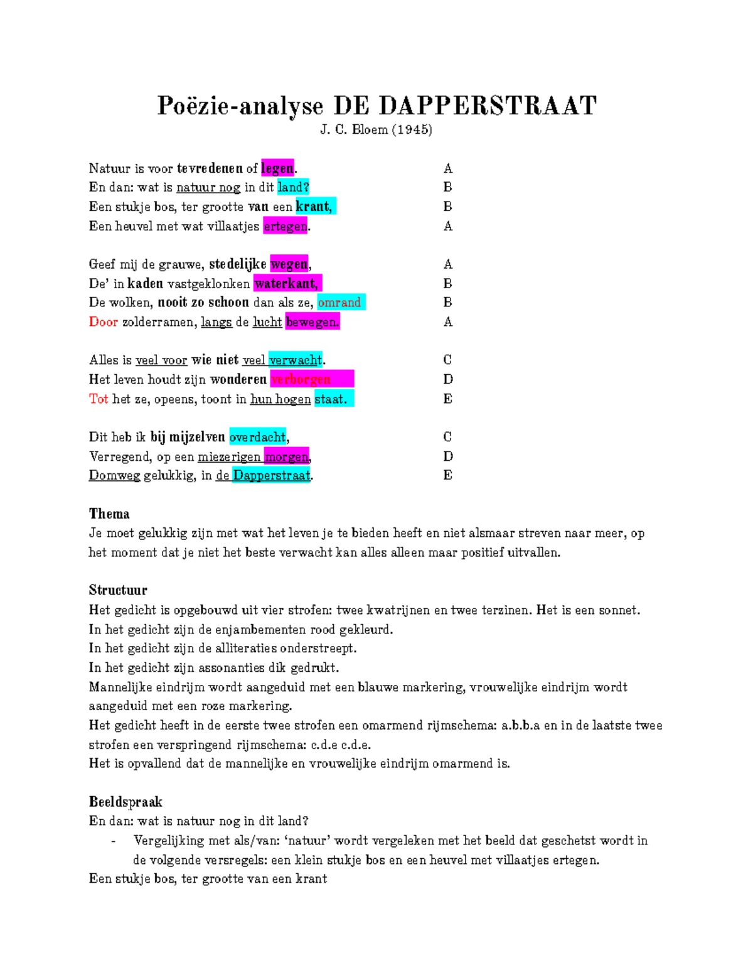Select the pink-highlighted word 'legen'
[277, 168]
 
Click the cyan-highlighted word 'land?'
[293, 187]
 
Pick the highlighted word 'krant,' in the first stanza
[315, 207]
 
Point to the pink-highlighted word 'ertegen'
[286, 226]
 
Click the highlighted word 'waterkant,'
[287, 283]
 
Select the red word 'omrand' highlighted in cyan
[339, 303]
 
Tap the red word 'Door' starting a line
[103, 322]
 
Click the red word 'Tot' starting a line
[99, 399]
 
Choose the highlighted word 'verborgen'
[301, 379]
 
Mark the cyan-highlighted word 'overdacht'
[258, 437]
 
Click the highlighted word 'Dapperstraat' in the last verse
[272, 475]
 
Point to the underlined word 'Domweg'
[114, 475]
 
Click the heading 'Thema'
[109, 514]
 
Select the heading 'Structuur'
[118, 590]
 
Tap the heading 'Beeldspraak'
[125, 802]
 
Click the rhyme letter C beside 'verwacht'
[447, 360]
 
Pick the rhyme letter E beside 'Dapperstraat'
[447, 475]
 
